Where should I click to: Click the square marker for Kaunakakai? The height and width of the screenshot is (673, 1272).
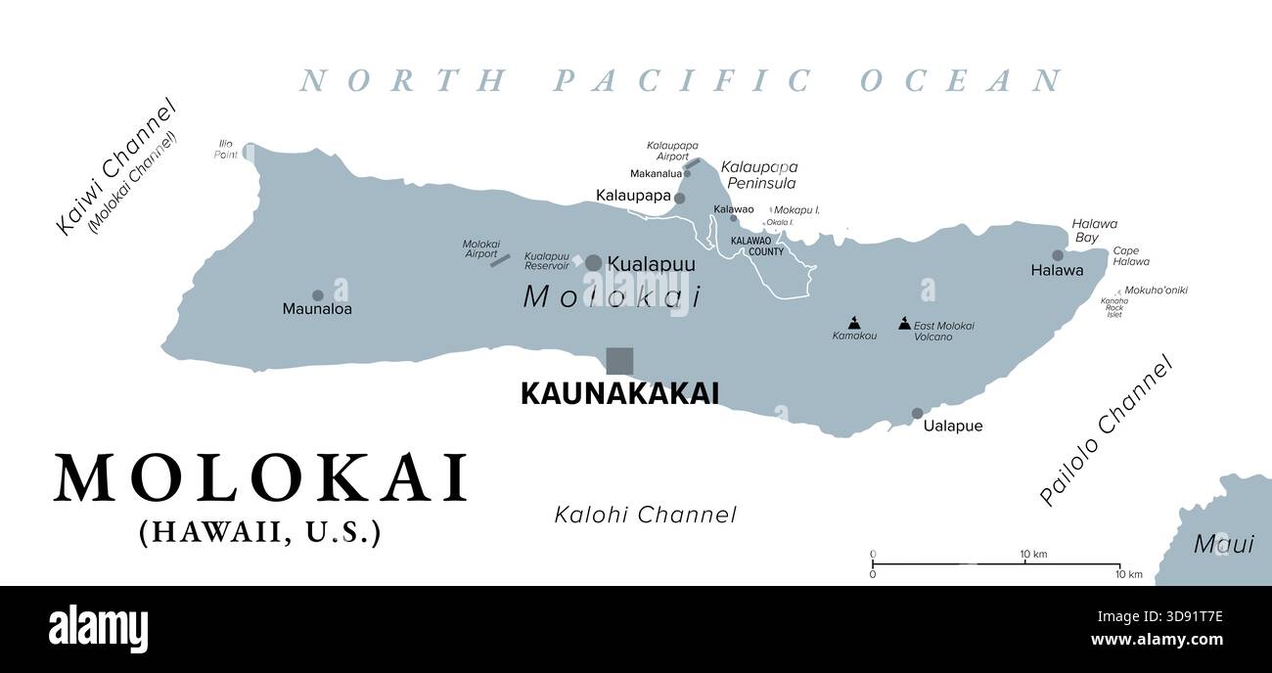(x=619, y=361)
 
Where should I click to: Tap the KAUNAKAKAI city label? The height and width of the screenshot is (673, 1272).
(x=619, y=393)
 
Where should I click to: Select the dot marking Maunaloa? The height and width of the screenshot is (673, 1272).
(x=317, y=295)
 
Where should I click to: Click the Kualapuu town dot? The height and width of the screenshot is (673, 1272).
(x=593, y=262)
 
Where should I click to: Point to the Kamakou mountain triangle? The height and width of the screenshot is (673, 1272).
(x=854, y=321)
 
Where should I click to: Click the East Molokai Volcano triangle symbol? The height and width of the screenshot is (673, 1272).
(x=904, y=322)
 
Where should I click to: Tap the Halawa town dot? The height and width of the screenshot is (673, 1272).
(x=1057, y=255)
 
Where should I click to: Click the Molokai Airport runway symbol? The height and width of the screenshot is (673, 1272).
(x=500, y=260)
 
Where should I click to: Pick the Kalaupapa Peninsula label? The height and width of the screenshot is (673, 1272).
(x=758, y=175)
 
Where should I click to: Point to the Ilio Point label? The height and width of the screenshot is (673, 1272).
(x=226, y=149)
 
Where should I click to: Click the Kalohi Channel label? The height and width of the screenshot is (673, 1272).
(x=645, y=515)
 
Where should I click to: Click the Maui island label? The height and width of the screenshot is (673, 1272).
(x=1222, y=544)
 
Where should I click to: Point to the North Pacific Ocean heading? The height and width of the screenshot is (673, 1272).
(x=681, y=80)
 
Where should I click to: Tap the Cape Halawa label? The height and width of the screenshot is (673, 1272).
(x=1131, y=256)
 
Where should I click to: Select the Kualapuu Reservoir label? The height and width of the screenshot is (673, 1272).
(x=547, y=261)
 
